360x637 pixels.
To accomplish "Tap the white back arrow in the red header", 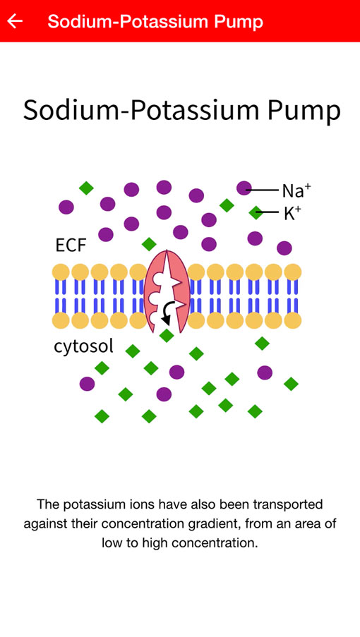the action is (x=15, y=20).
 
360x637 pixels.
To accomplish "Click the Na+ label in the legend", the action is (x=296, y=190).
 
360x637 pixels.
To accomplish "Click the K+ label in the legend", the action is (x=292, y=213).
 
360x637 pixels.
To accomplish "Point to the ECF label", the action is (x=71, y=245).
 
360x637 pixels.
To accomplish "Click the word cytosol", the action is (x=84, y=346).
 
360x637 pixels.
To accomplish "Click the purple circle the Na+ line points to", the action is (x=244, y=188).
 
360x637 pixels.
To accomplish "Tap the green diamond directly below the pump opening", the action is (x=167, y=336).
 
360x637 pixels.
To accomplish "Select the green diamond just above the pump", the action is (x=149, y=244).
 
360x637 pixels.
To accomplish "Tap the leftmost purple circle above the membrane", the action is (x=66, y=207).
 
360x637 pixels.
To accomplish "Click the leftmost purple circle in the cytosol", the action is (x=87, y=384).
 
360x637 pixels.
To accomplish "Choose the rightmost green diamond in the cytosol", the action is (x=291, y=384).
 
